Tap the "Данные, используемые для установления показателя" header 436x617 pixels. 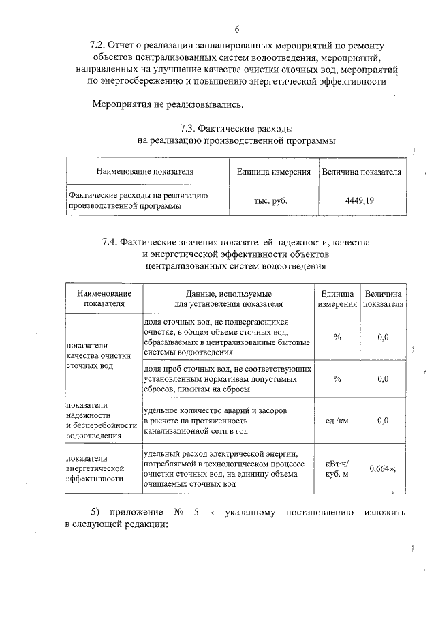(228, 298)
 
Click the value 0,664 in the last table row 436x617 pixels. (381, 468)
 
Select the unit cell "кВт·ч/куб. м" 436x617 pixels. (337, 468)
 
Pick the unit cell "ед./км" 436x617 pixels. (337, 421)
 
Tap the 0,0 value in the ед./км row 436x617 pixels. (382, 421)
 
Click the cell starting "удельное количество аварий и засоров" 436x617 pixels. (217, 421)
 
